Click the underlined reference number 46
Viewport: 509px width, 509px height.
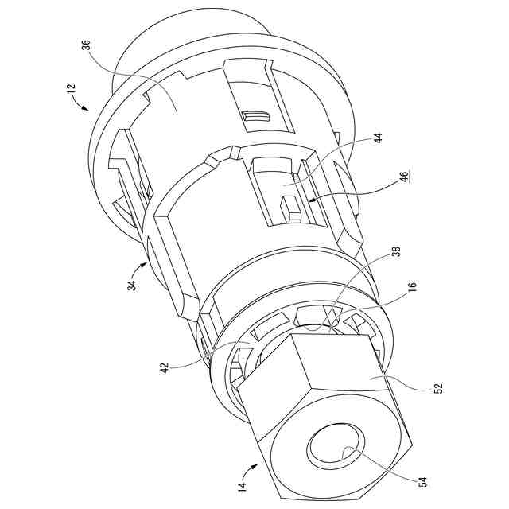tap(405, 175)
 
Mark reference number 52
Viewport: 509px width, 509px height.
tap(437, 389)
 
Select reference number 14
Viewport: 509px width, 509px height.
tap(242, 483)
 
